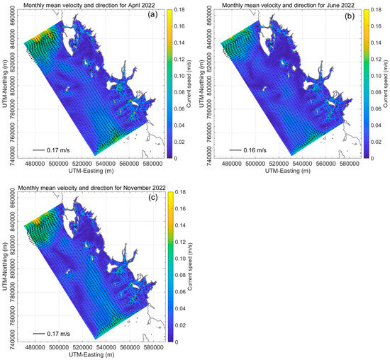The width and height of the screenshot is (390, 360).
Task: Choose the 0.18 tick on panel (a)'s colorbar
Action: coord(182,11)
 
